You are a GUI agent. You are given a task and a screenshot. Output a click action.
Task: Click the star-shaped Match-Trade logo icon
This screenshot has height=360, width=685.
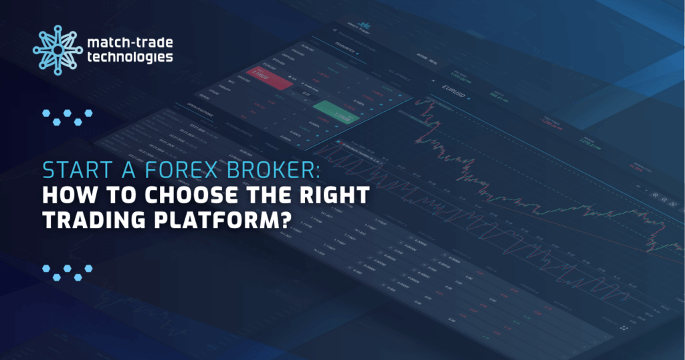[58, 49]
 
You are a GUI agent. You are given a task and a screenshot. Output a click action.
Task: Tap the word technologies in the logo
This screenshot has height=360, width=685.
[129, 58]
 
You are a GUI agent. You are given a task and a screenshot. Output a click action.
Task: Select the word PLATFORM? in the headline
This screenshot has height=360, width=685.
[222, 221]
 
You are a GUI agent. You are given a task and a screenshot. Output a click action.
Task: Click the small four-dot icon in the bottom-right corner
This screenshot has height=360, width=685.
[626, 328]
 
